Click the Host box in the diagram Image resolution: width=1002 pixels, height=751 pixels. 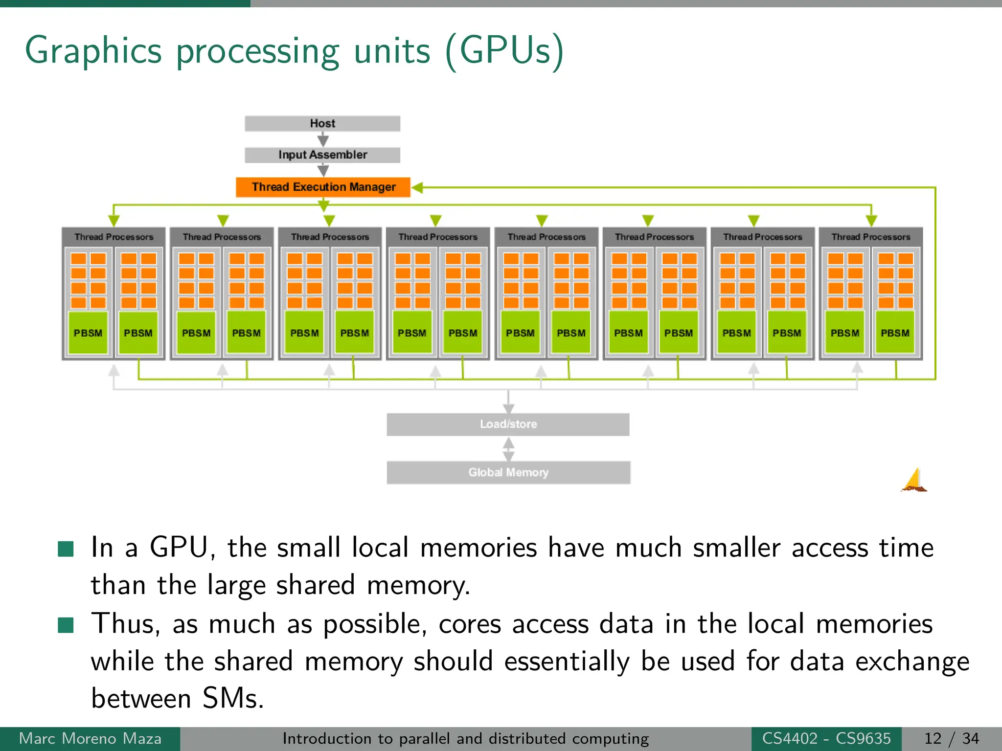[322, 123]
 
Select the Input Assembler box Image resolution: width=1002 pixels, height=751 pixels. [322, 155]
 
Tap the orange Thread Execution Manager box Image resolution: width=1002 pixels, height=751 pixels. [323, 187]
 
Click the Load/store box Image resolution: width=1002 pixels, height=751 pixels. [508, 424]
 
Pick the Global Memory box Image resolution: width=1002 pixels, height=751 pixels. [508, 472]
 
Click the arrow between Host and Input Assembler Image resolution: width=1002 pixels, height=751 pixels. [323, 140]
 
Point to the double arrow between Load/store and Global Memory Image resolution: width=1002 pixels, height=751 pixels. [508, 449]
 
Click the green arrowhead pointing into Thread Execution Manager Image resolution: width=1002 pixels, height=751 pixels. [417, 187]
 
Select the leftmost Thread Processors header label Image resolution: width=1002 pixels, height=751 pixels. [114, 237]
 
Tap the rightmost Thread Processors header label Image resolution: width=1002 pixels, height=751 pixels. [870, 237]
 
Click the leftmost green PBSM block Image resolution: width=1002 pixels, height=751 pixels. [88, 333]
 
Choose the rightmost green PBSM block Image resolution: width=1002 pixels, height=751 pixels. [895, 333]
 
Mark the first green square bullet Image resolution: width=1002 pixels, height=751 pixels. [66, 549]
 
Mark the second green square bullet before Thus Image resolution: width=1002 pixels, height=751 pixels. [66, 625]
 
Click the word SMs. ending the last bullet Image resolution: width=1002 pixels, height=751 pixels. [233, 698]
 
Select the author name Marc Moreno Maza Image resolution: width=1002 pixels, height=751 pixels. [90, 738]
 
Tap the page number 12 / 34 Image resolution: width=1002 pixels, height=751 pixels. [951, 738]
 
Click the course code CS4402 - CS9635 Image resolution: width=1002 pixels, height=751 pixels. [826, 738]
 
